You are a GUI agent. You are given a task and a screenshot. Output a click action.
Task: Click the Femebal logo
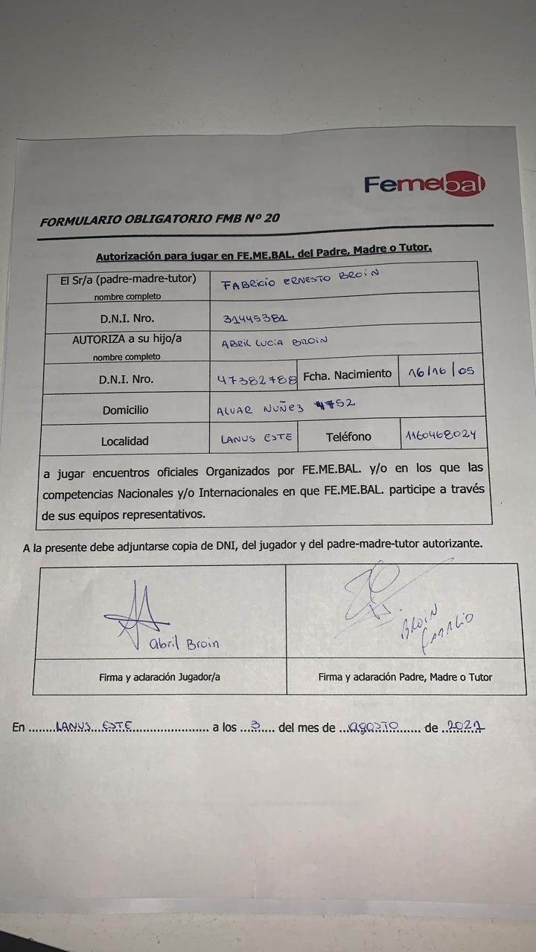(424, 184)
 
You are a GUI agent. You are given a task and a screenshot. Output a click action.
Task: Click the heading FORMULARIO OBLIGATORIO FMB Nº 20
(160, 219)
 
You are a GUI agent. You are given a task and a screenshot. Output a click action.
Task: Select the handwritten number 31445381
(255, 319)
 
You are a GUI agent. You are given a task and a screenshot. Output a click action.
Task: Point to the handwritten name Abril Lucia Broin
(275, 342)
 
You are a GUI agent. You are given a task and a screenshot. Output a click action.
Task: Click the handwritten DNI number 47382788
(256, 379)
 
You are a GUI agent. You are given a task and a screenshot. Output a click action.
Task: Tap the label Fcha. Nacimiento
(347, 374)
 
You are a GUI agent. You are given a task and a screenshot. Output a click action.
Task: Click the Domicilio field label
(125, 410)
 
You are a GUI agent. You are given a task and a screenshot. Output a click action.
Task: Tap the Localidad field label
(124, 441)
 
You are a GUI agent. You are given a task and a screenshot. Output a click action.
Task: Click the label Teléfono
(348, 437)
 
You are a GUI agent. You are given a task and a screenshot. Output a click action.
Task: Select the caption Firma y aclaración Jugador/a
(159, 678)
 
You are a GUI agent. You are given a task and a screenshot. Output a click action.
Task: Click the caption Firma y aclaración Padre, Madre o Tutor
(405, 677)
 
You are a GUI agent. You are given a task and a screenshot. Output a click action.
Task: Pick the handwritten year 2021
(462, 726)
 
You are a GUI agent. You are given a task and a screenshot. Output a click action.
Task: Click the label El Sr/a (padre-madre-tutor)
(127, 280)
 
